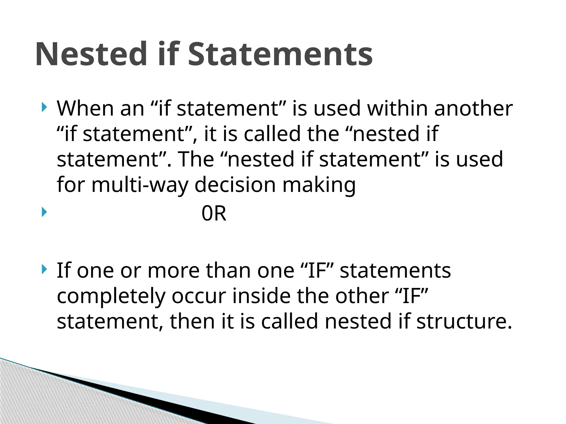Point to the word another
[x=473, y=108]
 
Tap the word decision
[x=235, y=185]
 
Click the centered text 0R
[x=214, y=213]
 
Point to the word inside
[x=261, y=296]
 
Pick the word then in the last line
[x=192, y=322]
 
